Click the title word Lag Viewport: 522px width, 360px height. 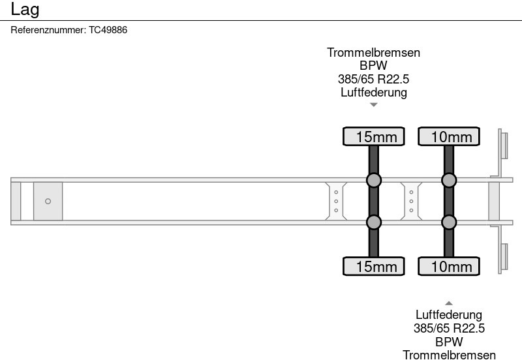pos(25,9)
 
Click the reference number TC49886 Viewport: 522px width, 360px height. pos(108,30)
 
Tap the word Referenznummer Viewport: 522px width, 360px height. pos(48,30)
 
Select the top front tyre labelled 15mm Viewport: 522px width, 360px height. pos(374,136)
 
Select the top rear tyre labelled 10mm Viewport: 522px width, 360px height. pos(449,136)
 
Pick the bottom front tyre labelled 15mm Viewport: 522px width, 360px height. pos(374,266)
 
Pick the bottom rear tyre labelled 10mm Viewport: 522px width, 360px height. pos(449,266)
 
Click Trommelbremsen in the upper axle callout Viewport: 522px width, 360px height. pos(373,53)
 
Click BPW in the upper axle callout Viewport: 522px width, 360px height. pos(373,66)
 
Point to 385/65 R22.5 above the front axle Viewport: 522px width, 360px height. pos(373,79)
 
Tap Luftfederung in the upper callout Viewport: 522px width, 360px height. pos(373,92)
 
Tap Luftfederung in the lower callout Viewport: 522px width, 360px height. pos(449,316)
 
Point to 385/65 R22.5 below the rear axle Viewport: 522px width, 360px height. pos(449,329)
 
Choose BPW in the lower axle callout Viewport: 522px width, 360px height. pos(449,342)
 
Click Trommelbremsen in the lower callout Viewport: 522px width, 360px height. pos(449,355)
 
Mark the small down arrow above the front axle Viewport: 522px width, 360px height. pos(374,104)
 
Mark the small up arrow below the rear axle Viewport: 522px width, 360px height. pos(449,303)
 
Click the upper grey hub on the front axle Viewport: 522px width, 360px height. pos(374,180)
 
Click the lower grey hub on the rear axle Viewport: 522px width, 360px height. pos(449,222)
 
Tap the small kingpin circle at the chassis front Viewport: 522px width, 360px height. pos(48,201)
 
